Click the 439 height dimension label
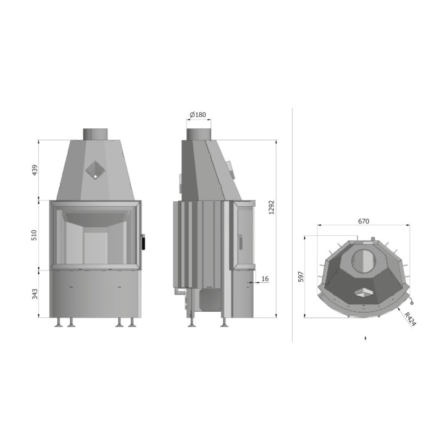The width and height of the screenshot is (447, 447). click(35, 170)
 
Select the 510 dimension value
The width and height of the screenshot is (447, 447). click(34, 235)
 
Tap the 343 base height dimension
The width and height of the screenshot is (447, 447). click(35, 295)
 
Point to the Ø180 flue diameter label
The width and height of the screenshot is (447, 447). click(198, 115)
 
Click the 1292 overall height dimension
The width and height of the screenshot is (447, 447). click(271, 207)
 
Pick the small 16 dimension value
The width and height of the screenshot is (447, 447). click(265, 278)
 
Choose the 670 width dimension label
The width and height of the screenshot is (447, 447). click(364, 221)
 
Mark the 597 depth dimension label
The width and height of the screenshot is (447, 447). click(301, 277)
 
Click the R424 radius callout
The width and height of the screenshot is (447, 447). click(410, 319)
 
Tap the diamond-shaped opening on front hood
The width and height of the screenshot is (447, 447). click(96, 170)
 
